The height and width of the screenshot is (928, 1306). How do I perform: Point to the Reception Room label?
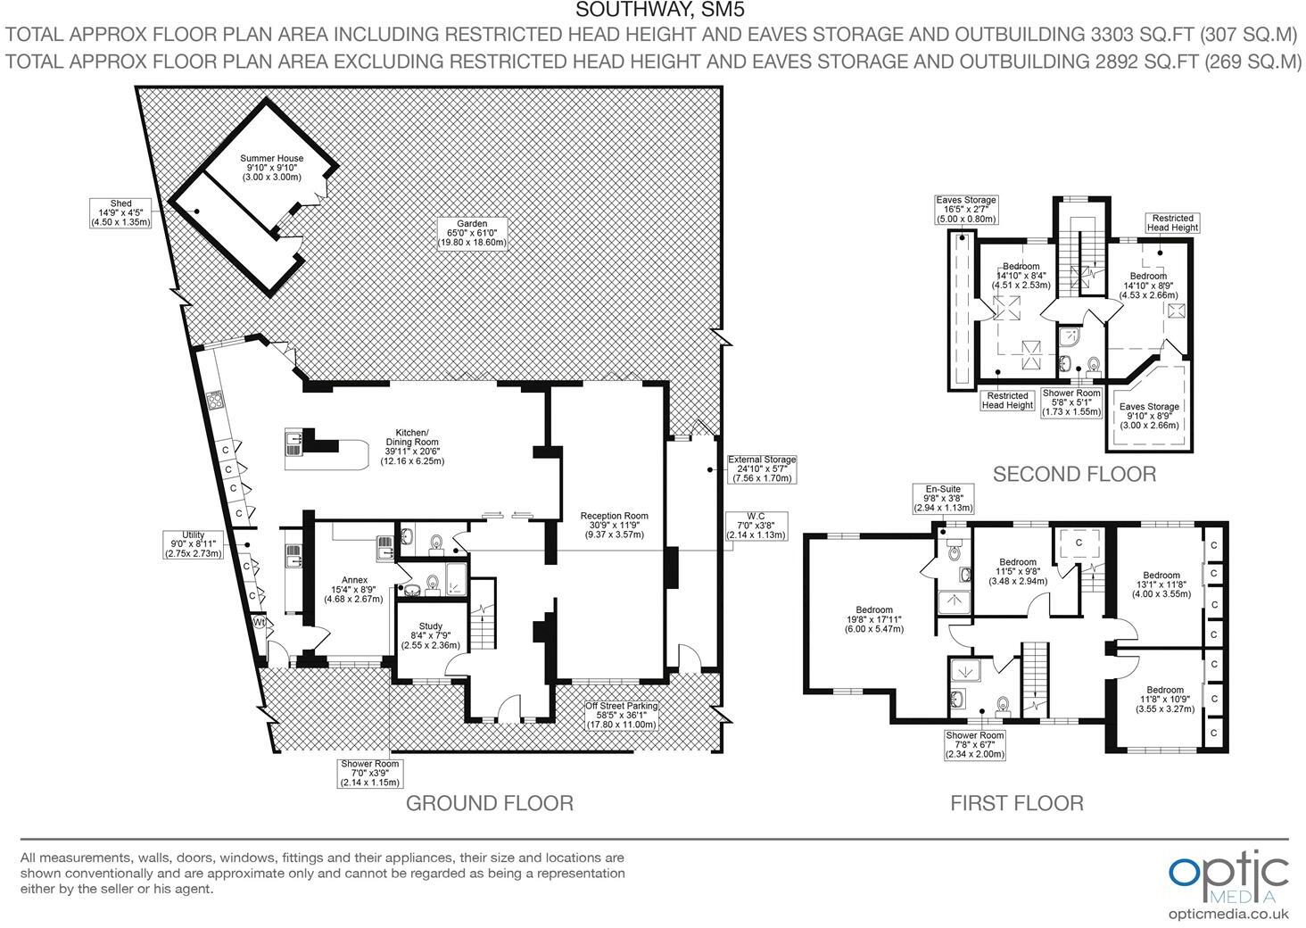[x=614, y=525]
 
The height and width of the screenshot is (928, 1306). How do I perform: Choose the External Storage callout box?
[x=761, y=469]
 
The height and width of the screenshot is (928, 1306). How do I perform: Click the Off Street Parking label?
[x=622, y=715]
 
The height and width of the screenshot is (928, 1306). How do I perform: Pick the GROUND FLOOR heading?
[x=489, y=803]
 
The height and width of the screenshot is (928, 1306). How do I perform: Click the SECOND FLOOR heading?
[x=1074, y=474]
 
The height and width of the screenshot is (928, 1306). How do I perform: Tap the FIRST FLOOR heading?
[x=1016, y=803]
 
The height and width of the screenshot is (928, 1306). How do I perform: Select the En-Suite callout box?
[x=941, y=498]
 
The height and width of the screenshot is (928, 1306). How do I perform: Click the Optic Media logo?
[x=1228, y=877]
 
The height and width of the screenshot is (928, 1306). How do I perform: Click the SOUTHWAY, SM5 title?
[x=659, y=11]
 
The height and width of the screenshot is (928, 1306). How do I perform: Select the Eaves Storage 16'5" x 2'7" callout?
[x=965, y=210]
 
